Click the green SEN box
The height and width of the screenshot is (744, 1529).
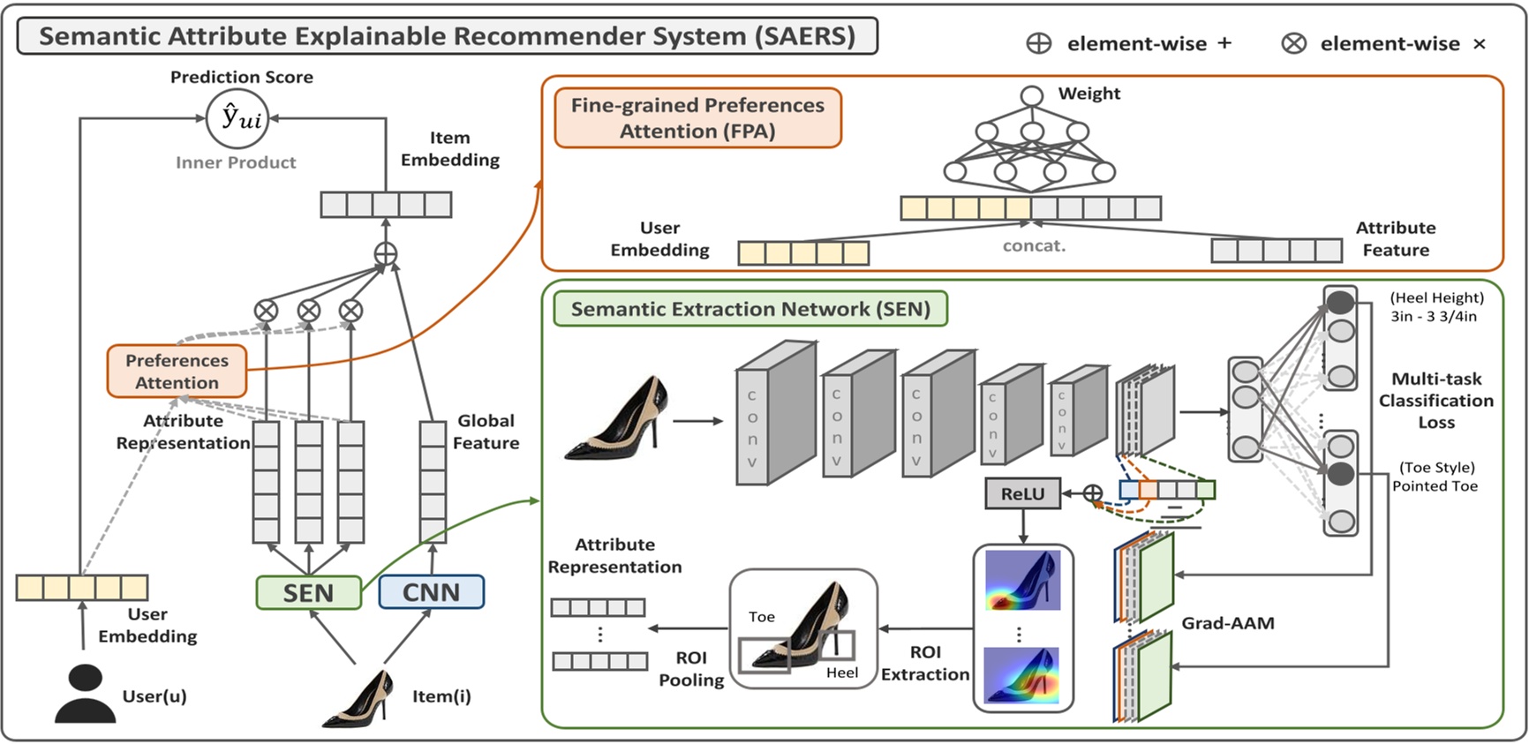point(308,592)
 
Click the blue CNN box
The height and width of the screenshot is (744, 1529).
point(431,591)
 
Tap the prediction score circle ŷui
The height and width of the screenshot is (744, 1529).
point(237,117)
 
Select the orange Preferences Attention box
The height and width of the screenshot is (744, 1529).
point(177,372)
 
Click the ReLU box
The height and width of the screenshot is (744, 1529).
point(1022,494)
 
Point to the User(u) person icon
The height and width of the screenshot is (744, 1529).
point(85,695)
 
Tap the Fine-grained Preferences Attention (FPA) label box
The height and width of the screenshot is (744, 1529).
point(697,117)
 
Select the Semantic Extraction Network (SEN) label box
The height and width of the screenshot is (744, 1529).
point(749,309)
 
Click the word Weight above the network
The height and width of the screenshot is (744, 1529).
point(1088,94)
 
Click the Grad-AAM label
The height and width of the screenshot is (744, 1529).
point(1227,623)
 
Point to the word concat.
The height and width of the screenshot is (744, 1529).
point(1034,246)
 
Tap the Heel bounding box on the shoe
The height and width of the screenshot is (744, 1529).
point(836,645)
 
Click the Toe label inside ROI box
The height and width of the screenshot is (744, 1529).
point(761,617)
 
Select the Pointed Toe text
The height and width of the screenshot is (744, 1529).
point(1435,486)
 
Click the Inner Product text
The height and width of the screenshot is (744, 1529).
point(236,162)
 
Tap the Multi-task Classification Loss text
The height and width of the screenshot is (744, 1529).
point(1435,401)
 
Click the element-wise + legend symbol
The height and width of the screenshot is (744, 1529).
point(1039,43)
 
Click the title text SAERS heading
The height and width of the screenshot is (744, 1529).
point(447,36)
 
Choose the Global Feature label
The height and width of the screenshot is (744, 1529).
point(486,432)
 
